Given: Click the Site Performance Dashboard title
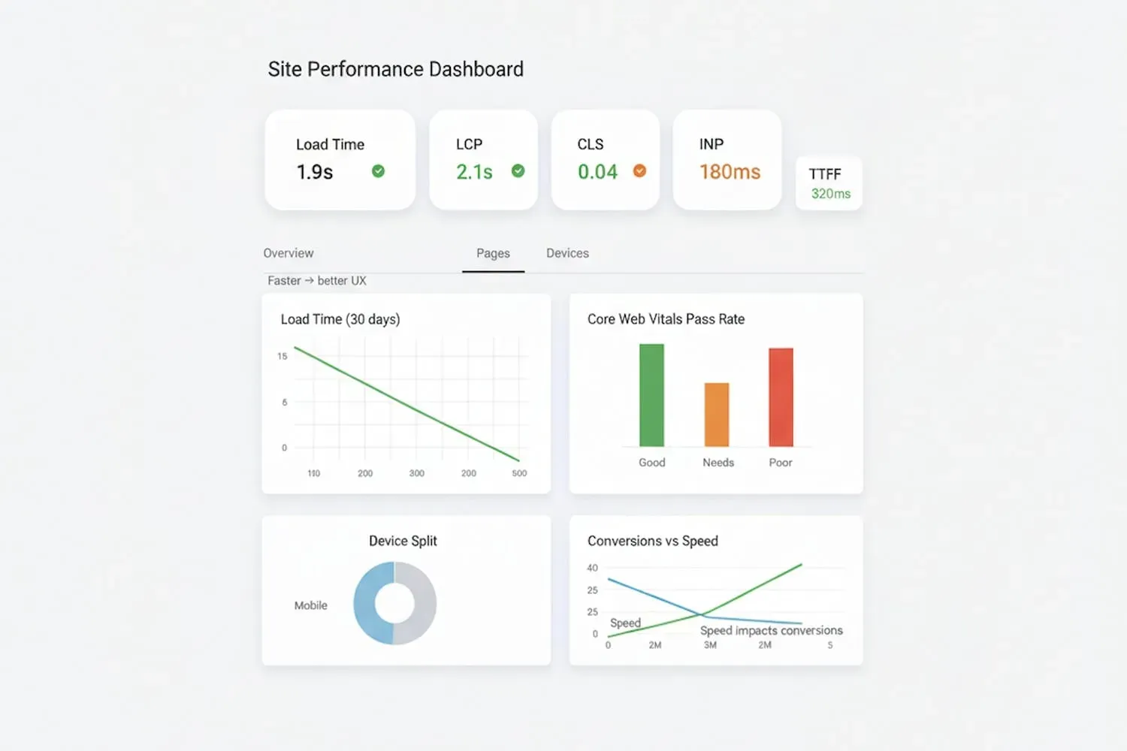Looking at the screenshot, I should pos(395,69).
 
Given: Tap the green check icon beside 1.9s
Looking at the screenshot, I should pos(378,171).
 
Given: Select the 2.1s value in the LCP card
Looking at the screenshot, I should pos(474,172).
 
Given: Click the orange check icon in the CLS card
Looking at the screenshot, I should pos(639,171).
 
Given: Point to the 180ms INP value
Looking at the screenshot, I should pos(730,172).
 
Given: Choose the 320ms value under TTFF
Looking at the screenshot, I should pos(830,194).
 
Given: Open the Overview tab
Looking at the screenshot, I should pos(289,253).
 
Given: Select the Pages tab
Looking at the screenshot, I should pos(493,254).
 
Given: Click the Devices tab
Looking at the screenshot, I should pos(567,253).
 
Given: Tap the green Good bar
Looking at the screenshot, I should pos(651,395).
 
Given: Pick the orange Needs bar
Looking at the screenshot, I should pos(716,415).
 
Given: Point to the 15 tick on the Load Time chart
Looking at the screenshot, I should pos(283,356).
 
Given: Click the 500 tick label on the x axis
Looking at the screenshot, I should pos(519,473).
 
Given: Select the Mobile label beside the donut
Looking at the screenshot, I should pos(310,605).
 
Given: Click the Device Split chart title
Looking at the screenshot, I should pos(403,541).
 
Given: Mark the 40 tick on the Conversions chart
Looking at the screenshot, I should pos(592,568).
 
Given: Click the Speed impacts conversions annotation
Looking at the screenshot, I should pos(771,631).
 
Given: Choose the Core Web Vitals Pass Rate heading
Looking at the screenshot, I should pos(666,319).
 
